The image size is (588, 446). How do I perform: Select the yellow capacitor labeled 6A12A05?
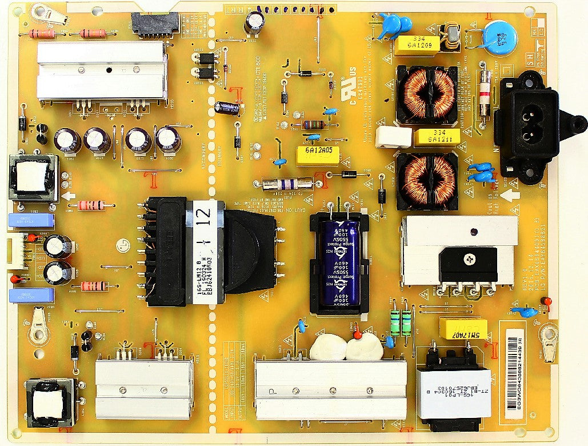point(317,155)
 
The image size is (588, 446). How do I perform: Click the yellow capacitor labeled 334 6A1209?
point(417,45)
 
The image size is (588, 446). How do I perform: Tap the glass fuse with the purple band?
point(288,184)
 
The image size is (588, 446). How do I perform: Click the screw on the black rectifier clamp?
point(469,260)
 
